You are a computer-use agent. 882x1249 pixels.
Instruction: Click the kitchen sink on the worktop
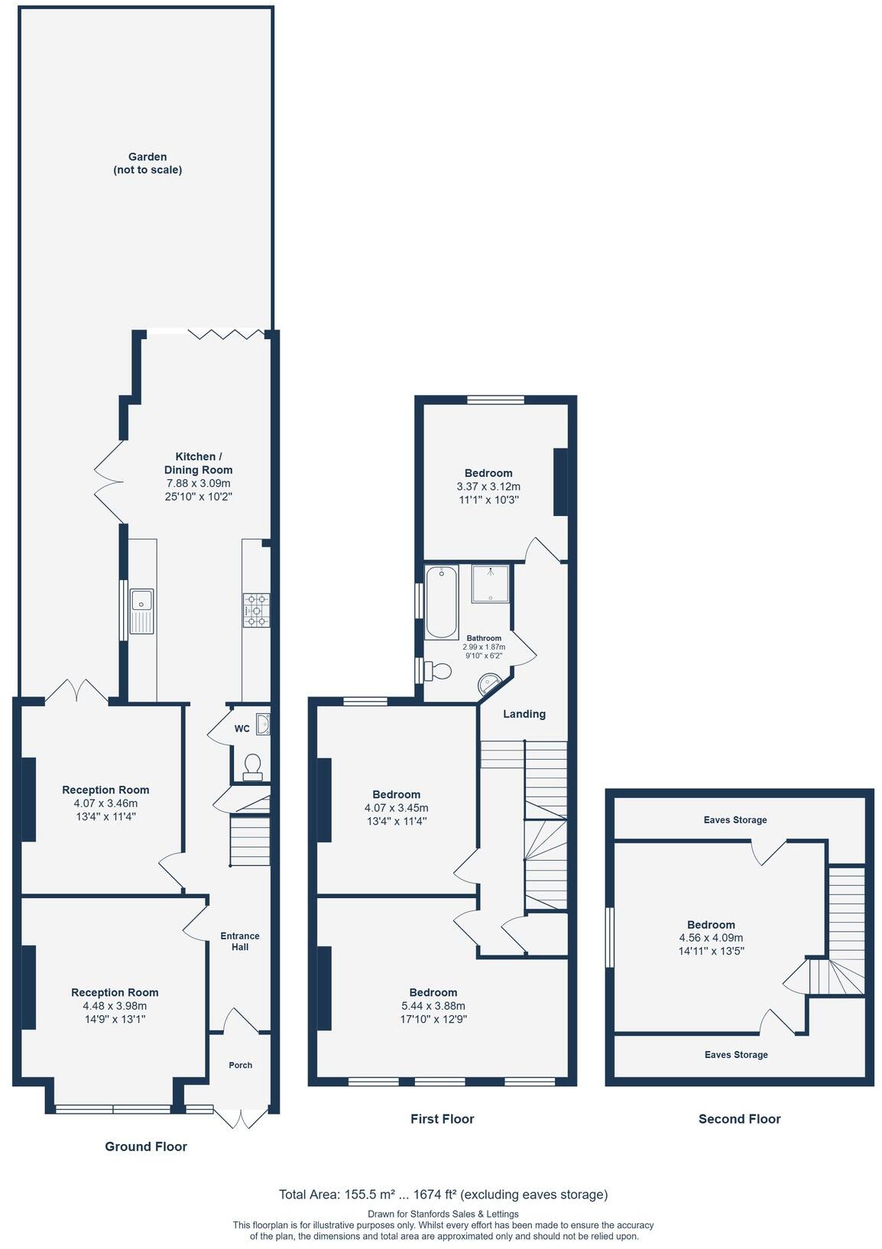click(x=142, y=610)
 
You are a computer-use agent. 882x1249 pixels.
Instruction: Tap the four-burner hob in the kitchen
click(x=256, y=610)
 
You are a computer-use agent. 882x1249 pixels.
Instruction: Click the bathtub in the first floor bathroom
click(x=441, y=602)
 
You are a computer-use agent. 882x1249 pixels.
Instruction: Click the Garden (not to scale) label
click(x=148, y=164)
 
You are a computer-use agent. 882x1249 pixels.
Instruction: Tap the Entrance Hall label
click(x=240, y=941)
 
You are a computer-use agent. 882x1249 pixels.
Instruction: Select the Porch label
click(x=241, y=1065)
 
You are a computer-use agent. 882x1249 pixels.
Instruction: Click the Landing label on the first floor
click(x=524, y=714)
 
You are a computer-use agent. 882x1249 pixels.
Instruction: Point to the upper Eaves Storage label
click(x=735, y=820)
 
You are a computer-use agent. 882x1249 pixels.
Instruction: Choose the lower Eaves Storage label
click(x=736, y=1055)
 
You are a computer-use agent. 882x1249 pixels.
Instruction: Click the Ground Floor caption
click(x=146, y=1147)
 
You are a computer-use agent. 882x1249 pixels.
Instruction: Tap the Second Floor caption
click(x=739, y=1119)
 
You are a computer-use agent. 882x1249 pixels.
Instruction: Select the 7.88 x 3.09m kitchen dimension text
click(x=198, y=483)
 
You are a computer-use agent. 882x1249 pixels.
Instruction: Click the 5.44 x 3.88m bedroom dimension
click(x=433, y=1006)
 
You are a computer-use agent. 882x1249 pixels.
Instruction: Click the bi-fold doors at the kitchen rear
click(x=226, y=334)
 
